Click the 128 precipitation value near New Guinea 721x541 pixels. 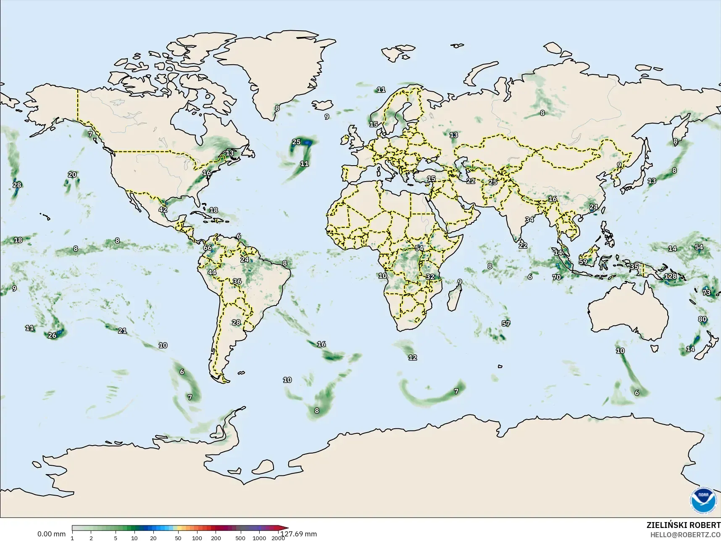coord(671,276)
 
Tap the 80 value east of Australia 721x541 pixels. coord(703,319)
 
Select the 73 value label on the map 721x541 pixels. coord(706,293)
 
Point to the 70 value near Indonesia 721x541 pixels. coord(556,277)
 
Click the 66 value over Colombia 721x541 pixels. coord(208,248)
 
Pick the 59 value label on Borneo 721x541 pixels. coord(583,261)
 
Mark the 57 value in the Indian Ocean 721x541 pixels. coord(506,323)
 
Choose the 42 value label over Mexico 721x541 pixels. coord(163,209)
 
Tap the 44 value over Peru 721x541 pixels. coord(212,272)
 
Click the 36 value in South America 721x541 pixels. coord(237,282)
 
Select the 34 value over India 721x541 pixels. coord(529,219)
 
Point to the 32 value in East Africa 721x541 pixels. coord(430,277)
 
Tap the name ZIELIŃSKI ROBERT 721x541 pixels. coord(683,525)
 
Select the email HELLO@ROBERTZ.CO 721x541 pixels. coord(685,535)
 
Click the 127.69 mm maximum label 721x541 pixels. coord(299,534)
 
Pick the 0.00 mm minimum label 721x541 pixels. coord(51,534)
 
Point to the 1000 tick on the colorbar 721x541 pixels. coord(259,538)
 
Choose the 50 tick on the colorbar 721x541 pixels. coord(178,538)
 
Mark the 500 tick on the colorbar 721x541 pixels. coord(240,538)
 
